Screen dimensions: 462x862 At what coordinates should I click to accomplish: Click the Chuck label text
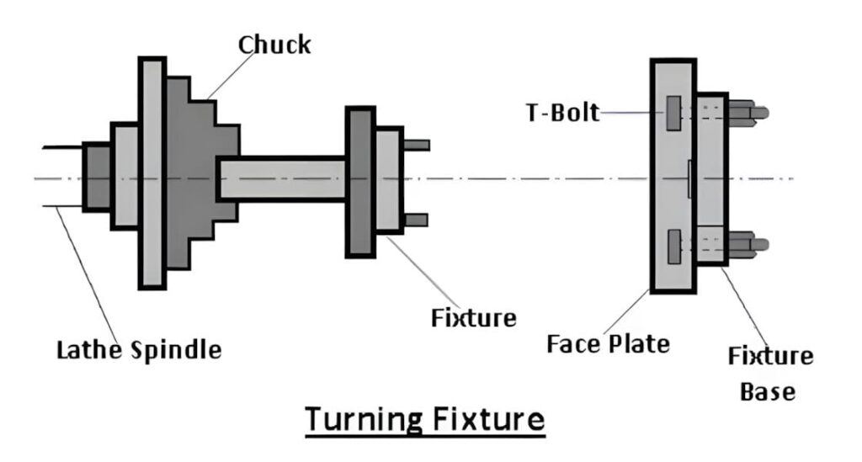pyautogui.click(x=274, y=44)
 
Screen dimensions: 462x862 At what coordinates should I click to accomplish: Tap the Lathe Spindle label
pyautogui.click(x=139, y=349)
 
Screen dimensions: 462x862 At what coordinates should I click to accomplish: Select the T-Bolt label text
pyautogui.click(x=563, y=112)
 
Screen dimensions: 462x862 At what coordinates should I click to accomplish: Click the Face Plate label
pyautogui.click(x=608, y=343)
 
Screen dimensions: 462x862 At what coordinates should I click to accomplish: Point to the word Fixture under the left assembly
pyautogui.click(x=473, y=318)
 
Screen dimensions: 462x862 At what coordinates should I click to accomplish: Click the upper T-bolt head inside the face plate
pyautogui.click(x=673, y=113)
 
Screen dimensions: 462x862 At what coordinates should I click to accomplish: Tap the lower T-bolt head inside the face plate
pyautogui.click(x=673, y=244)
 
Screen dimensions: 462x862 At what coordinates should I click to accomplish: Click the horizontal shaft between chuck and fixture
pyautogui.click(x=282, y=178)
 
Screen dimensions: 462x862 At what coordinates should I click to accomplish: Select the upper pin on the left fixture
pyautogui.click(x=417, y=145)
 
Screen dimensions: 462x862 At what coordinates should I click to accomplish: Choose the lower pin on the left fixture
pyautogui.click(x=416, y=220)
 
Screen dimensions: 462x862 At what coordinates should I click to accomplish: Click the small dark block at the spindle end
pyautogui.click(x=97, y=177)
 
